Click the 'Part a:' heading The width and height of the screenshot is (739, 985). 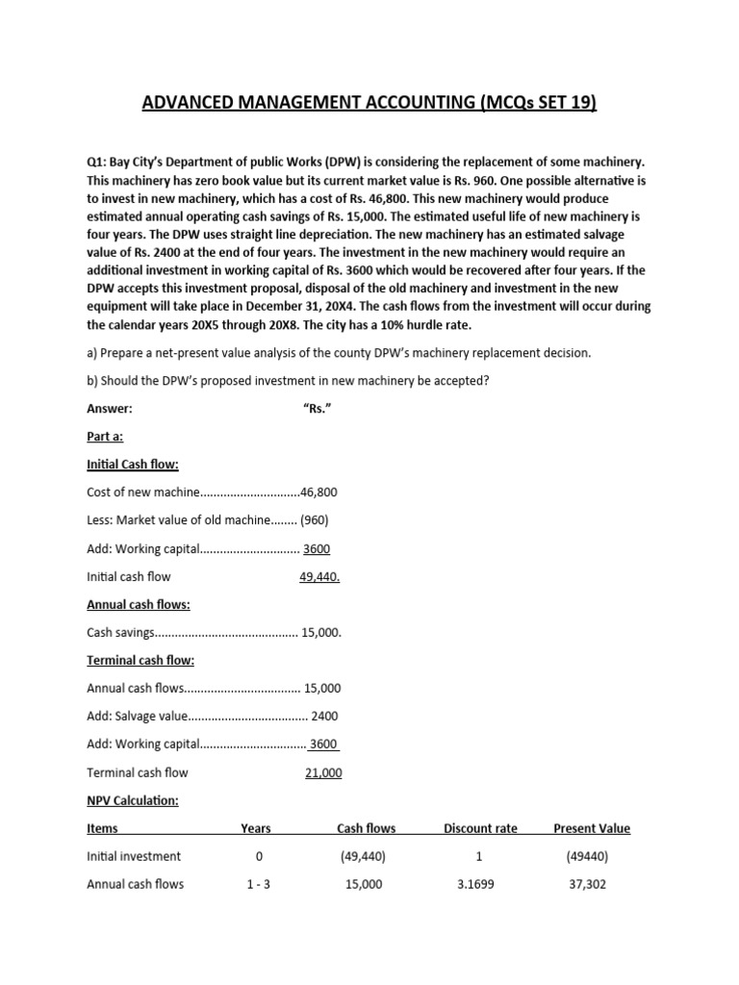pyautogui.click(x=105, y=436)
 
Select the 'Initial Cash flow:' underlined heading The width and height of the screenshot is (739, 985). pyautogui.click(x=133, y=465)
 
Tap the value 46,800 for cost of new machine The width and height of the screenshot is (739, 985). pyautogui.click(x=319, y=492)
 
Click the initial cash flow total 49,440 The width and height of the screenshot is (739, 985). pyautogui.click(x=319, y=577)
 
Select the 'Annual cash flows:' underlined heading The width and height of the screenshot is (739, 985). pyautogui.click(x=139, y=605)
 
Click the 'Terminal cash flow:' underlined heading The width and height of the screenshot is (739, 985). pyautogui.click(x=140, y=661)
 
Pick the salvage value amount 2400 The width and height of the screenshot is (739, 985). pyautogui.click(x=324, y=717)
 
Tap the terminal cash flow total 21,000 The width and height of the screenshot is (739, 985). pyautogui.click(x=323, y=772)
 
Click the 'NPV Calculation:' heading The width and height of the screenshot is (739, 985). pyautogui.click(x=133, y=800)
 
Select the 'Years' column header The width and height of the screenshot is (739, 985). pyautogui.click(x=255, y=828)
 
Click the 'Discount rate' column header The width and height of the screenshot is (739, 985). pyautogui.click(x=479, y=828)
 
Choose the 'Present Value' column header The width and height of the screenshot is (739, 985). pyautogui.click(x=592, y=828)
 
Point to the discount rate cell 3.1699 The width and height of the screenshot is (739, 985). pyautogui.click(x=479, y=884)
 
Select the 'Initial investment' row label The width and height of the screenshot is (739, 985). pyautogui.click(x=134, y=856)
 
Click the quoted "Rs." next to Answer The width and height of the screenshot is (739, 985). pyautogui.click(x=318, y=408)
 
